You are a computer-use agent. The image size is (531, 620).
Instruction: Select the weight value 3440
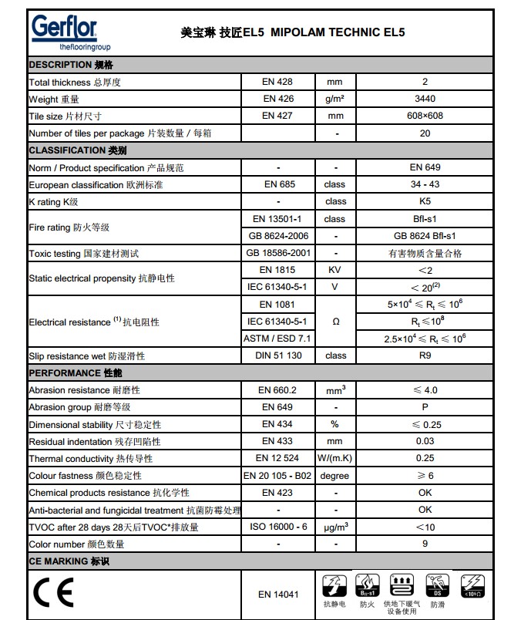425,99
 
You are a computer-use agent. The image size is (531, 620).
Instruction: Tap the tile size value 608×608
425,116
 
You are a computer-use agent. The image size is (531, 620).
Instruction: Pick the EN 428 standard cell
277,82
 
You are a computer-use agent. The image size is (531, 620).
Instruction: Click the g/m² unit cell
334,99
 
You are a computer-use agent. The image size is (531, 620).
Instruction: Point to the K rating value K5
425,201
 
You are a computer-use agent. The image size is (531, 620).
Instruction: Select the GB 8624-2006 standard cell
277,236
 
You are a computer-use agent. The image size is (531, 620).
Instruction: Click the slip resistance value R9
425,355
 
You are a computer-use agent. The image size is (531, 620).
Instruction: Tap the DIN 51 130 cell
277,355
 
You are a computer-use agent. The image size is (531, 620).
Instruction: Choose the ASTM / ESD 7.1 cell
277,338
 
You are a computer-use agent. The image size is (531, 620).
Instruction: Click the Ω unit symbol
334,321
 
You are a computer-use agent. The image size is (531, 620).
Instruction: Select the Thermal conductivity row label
90,459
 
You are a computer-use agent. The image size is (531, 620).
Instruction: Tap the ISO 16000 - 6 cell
277,527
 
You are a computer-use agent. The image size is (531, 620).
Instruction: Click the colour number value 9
425,544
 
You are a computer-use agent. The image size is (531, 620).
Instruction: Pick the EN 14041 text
277,595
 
